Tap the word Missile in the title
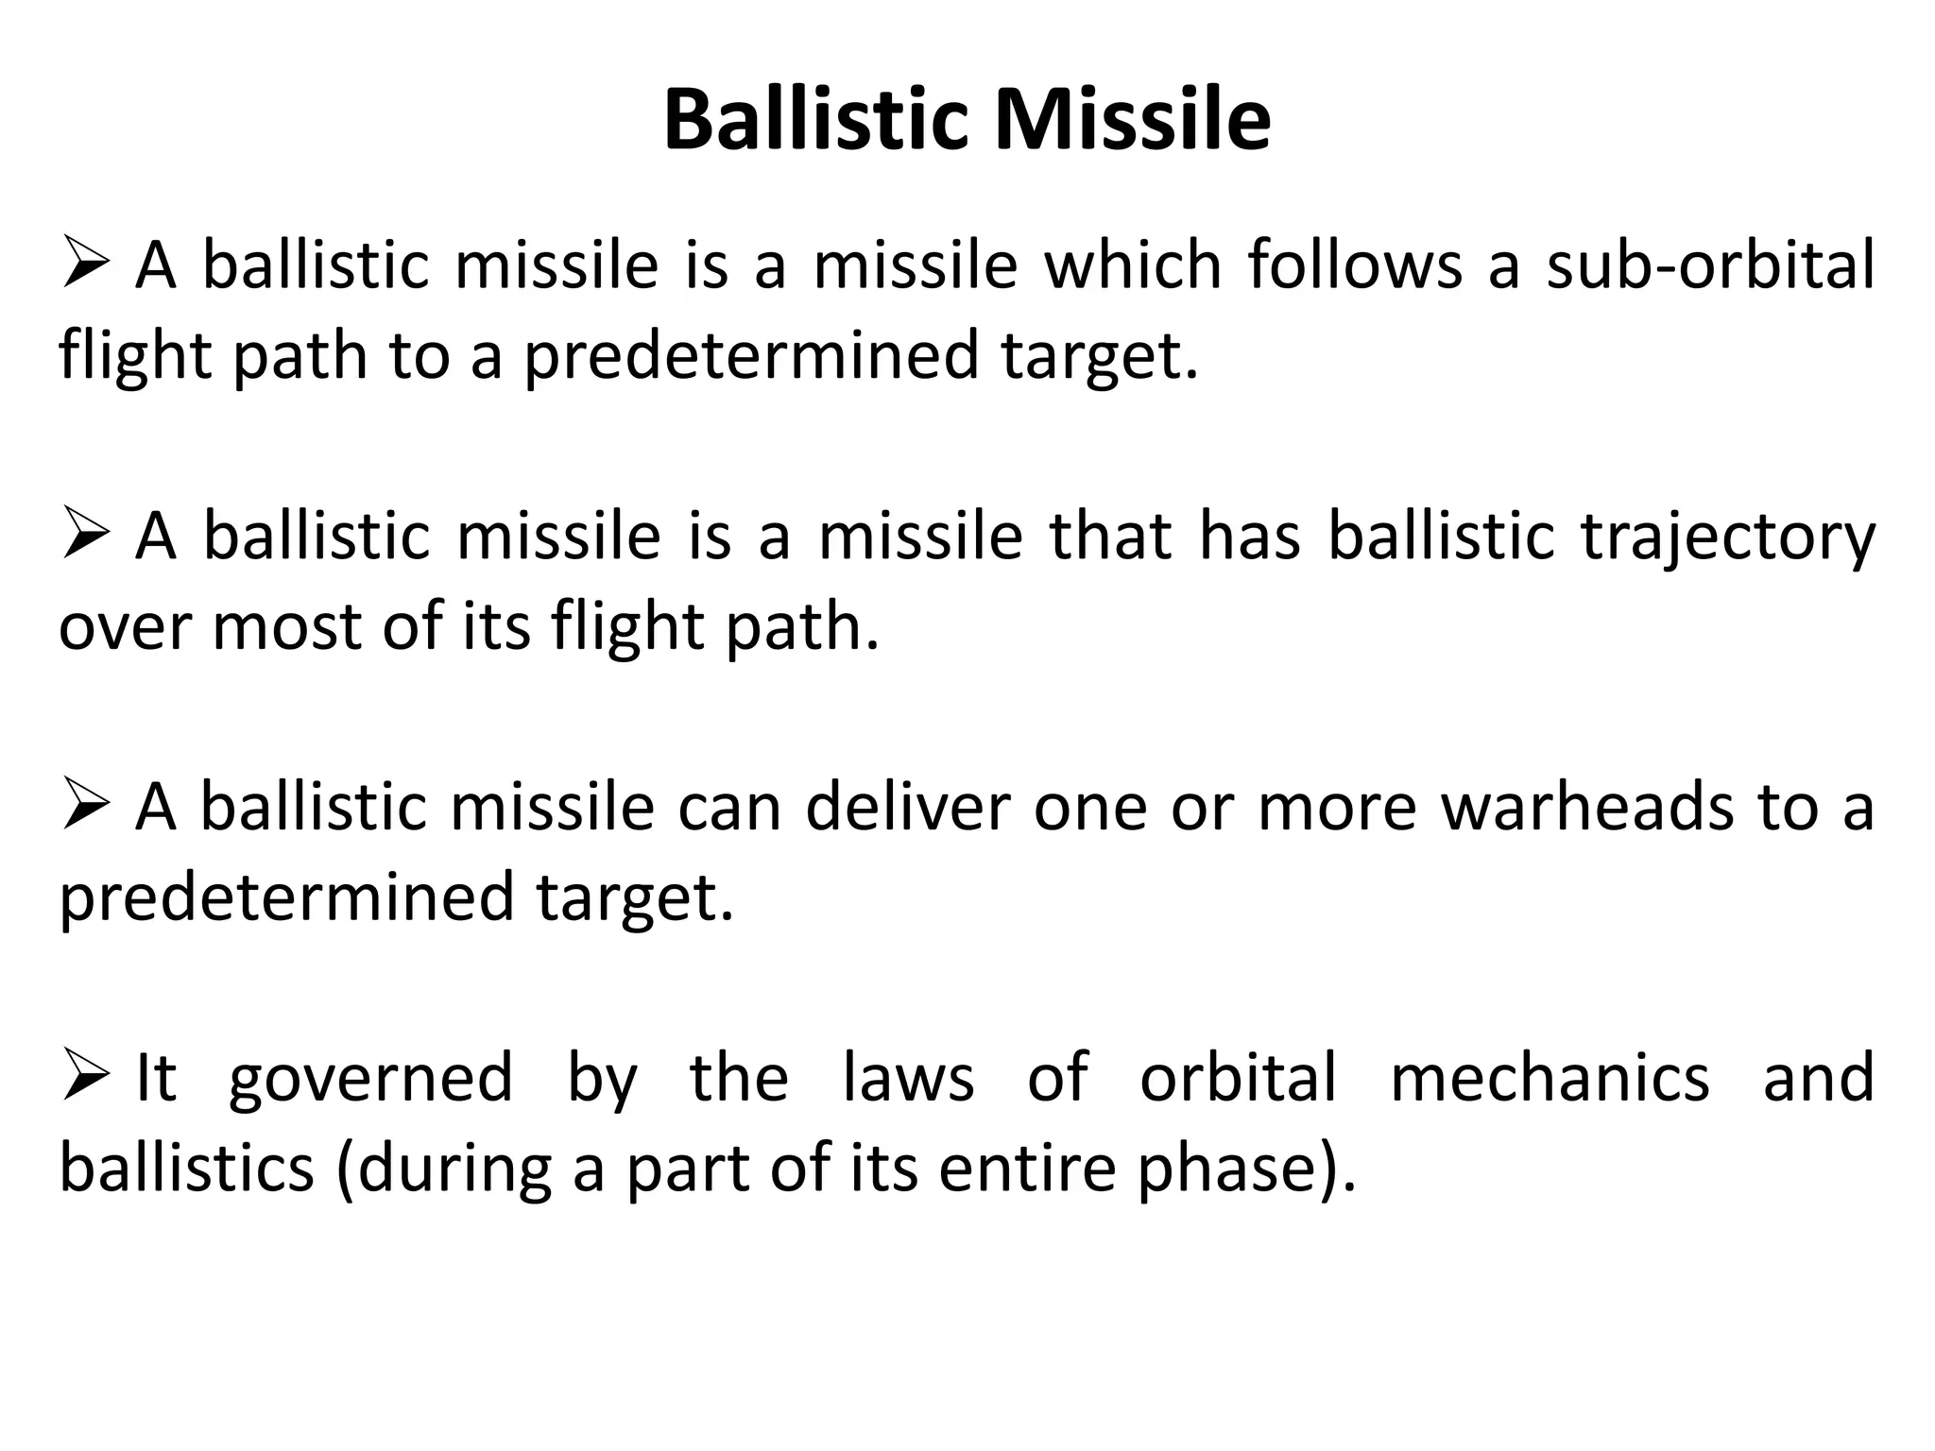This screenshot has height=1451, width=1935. coord(1133,121)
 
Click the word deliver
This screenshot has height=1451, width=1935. coord(908,809)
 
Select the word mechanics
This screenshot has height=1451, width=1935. coord(1550,1079)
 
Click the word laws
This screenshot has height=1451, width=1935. coord(908,1079)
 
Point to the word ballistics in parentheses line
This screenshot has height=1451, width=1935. coord(186,1169)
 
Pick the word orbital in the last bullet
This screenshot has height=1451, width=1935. coord(1238,1079)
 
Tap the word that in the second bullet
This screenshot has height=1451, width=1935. coord(1111,537)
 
